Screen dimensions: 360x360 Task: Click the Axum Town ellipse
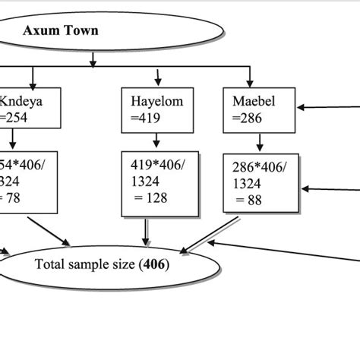tap(114, 33)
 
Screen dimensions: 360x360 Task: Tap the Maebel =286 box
tap(257, 108)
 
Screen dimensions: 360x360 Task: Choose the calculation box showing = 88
tap(257, 183)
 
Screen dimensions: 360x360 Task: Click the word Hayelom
tap(155, 101)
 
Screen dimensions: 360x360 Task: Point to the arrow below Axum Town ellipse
tap(92, 58)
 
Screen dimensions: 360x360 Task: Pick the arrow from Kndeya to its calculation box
tap(14, 141)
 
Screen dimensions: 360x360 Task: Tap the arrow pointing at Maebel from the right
tap(327, 109)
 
